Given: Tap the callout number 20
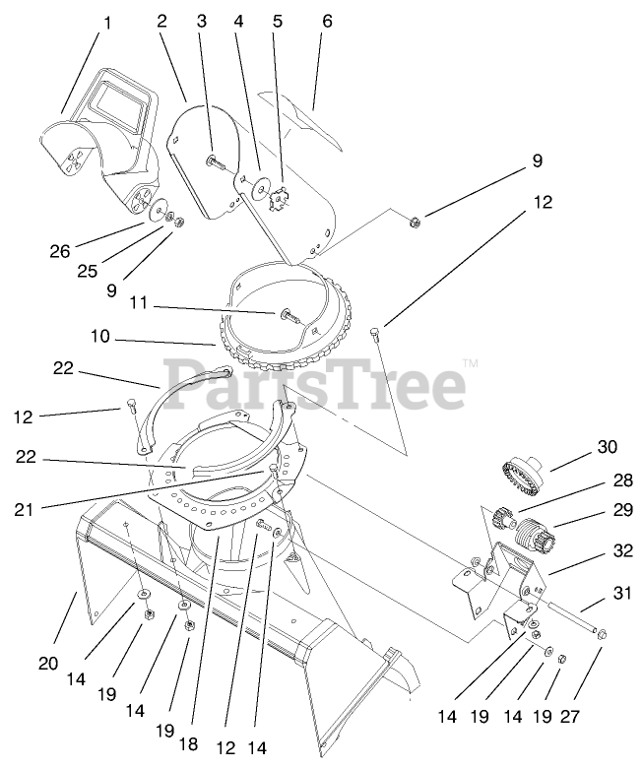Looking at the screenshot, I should coord(47,664).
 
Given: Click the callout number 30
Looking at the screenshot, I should coord(607,446).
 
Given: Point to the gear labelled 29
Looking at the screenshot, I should coord(540,537).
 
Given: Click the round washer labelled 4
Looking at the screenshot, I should coord(261,186).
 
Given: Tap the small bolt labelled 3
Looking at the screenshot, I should coord(213,160).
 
